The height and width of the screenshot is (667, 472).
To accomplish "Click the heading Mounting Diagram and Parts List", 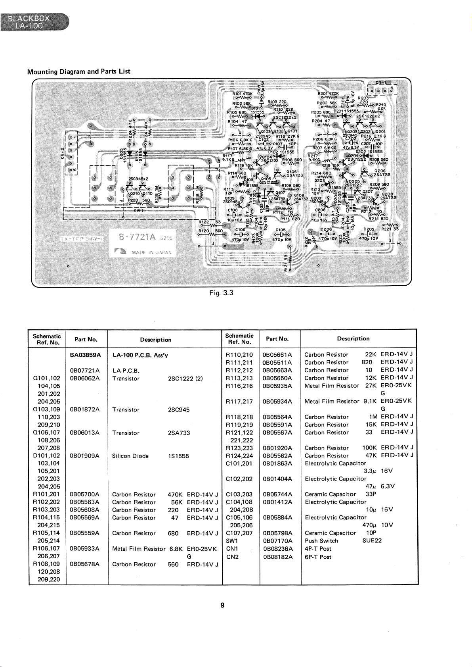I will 78,71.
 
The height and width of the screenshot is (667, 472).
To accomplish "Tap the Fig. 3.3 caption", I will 221,293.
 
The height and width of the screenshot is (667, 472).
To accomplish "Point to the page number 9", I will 222,605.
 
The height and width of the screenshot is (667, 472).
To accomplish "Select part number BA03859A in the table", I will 85,355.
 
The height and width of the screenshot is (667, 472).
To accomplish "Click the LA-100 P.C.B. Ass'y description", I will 140,355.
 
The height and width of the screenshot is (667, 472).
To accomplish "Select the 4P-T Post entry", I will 318,549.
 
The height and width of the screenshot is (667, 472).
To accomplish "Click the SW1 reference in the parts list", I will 231,541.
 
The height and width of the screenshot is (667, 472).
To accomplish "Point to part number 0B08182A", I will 277,557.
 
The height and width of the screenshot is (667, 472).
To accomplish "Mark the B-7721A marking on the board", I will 133,237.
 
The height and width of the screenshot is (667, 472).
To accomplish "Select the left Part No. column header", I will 86,340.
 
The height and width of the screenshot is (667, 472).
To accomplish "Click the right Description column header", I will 353,338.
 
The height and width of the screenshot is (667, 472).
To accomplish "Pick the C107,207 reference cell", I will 239,533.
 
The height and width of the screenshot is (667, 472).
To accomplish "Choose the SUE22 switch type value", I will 372,541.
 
